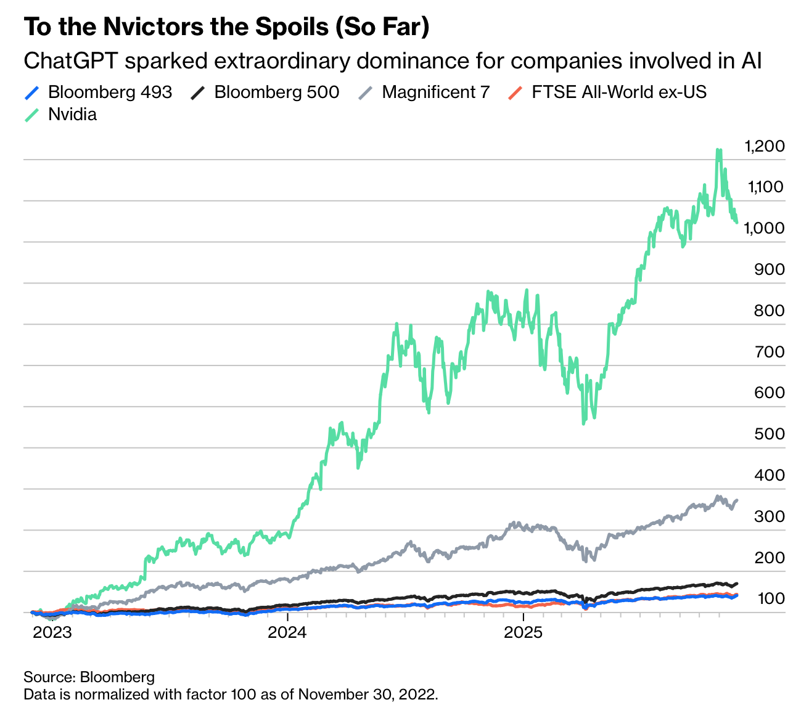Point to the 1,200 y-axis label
click(765, 147)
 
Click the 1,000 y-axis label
click(765, 228)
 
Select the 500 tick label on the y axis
click(770, 434)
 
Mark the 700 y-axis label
click(770, 352)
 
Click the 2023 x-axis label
click(52, 632)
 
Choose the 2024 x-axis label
click(288, 632)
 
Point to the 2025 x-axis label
click(524, 632)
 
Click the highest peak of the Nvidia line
click(718, 150)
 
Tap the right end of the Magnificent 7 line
click(737, 500)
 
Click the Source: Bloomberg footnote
click(89, 677)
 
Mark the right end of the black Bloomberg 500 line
click(737, 583)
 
